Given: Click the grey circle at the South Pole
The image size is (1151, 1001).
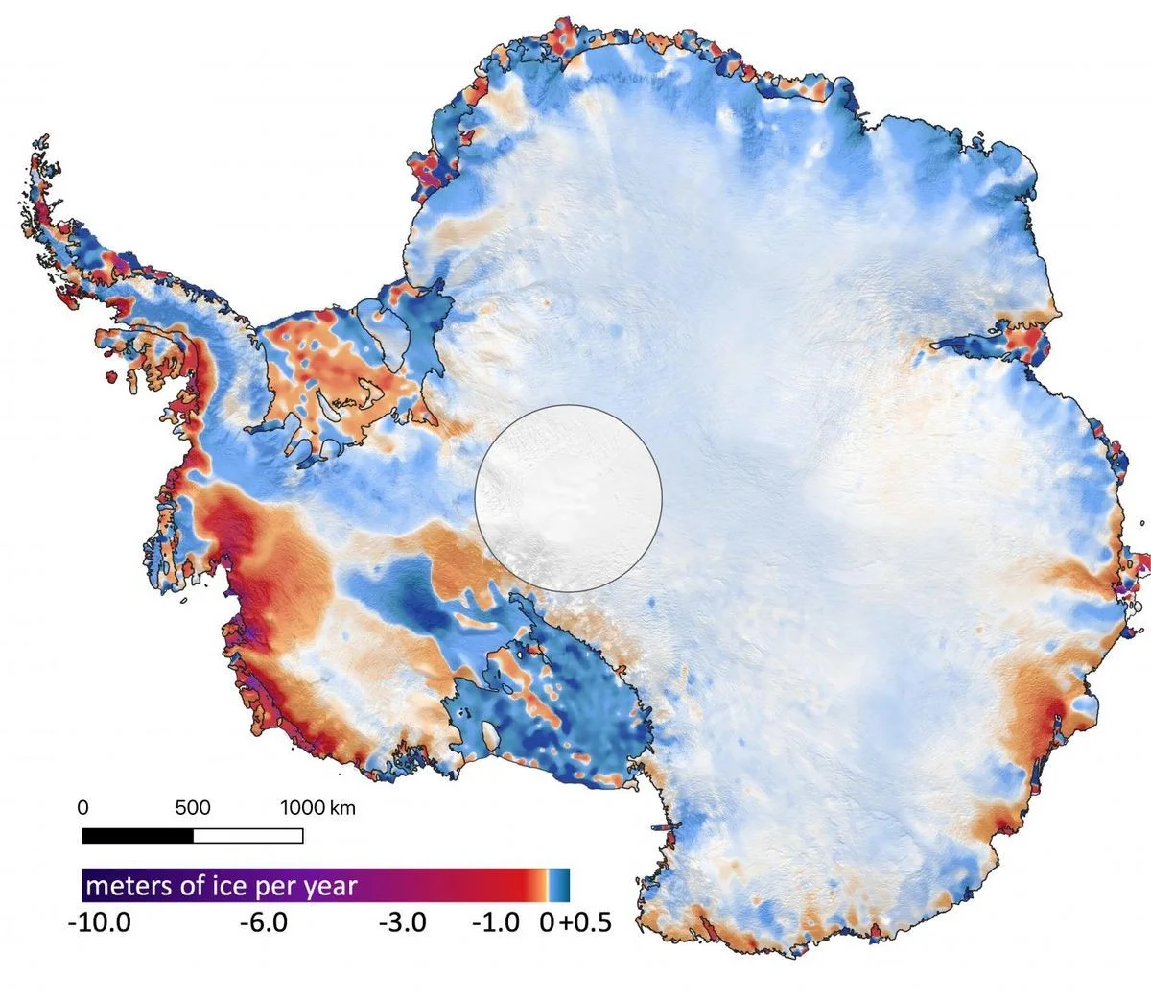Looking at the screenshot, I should pos(568,497).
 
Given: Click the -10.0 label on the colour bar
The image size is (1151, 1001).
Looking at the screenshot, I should pos(100,923).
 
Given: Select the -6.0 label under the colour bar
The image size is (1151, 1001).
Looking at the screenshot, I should pos(263,923).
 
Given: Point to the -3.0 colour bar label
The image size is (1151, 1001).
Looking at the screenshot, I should pos(403,923).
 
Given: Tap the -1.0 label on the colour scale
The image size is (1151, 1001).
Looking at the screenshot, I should pos(496,923).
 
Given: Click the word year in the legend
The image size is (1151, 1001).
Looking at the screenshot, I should pos(328,885).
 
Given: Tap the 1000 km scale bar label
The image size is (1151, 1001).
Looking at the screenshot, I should pos(317,808).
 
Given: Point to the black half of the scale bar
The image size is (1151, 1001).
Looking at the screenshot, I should pos(137,836).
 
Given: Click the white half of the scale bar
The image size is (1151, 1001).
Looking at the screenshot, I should pos(247,836).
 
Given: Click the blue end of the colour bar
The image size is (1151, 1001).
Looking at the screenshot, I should pos(562,883).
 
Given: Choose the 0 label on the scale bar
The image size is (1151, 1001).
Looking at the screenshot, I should pos(82,808).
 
